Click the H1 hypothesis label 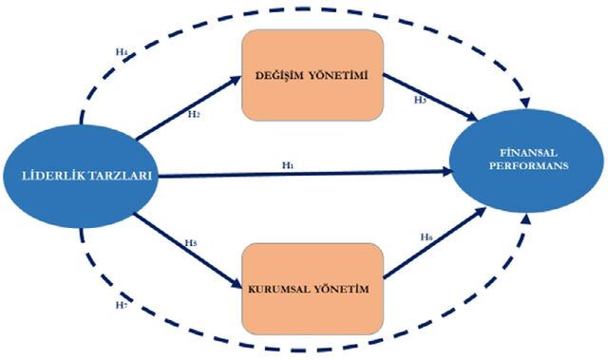(287, 165)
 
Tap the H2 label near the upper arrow (194, 114)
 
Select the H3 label (420, 100)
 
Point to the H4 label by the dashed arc (122, 51)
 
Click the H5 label (191, 243)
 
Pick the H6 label (427, 237)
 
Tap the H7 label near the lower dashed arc (122, 305)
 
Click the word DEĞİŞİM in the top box (279, 75)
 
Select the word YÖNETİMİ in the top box (338, 76)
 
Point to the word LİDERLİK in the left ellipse (54, 176)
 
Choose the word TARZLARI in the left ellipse (121, 176)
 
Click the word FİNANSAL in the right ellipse (528, 153)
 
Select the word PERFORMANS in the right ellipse (528, 166)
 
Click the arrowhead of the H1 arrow (447, 171)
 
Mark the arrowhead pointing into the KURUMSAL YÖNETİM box (237, 283)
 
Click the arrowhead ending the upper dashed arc (525, 104)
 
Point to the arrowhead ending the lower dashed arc (526, 219)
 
